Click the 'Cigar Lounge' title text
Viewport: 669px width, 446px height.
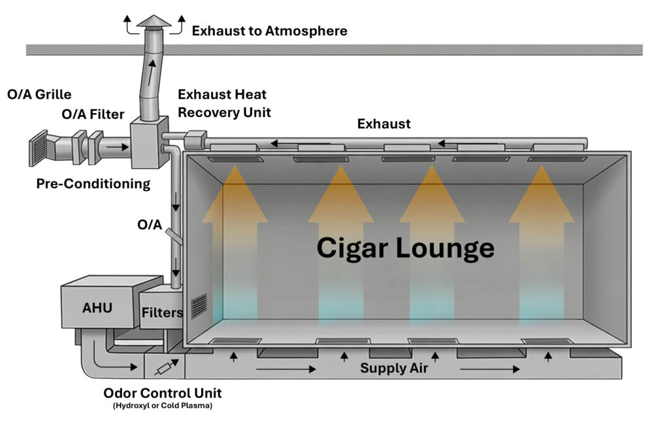405,249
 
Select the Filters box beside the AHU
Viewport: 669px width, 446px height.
161,312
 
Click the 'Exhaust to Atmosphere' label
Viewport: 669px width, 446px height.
269,31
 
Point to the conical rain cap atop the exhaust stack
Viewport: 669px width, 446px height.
154,22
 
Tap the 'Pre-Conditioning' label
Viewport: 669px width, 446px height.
93,184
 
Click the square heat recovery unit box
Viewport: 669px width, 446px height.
146,137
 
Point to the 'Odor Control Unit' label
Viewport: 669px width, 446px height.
163,394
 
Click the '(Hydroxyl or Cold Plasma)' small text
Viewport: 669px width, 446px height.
163,406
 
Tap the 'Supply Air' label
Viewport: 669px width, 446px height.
394,369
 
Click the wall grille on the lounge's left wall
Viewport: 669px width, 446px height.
199,306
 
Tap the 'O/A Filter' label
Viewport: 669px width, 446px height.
93,114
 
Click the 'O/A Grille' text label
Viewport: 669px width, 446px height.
39,94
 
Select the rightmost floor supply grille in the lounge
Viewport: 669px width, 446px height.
547,341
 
